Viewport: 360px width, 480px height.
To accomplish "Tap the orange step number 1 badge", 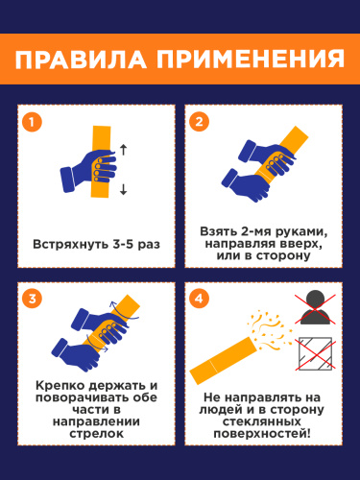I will point(32,122).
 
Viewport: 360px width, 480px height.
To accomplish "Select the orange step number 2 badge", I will point(199,122).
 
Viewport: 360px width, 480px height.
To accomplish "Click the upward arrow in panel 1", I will point(123,150).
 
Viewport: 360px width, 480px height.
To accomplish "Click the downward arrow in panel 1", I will point(123,189).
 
